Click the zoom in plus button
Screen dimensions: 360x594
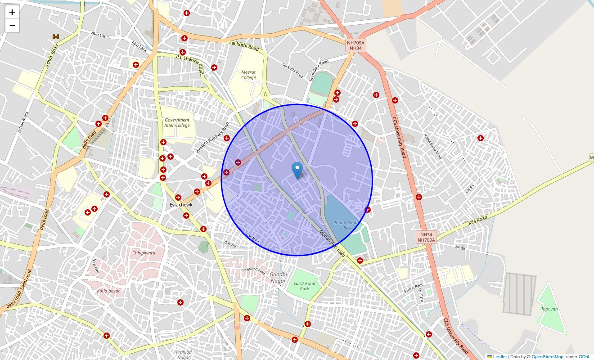click(12, 12)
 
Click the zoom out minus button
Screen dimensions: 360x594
click(12, 26)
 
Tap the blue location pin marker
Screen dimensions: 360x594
click(297, 170)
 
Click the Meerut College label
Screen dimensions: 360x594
click(248, 75)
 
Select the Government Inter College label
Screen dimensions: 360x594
click(177, 123)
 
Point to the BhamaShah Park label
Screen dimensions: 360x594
click(343, 225)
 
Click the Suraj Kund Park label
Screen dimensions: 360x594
click(305, 286)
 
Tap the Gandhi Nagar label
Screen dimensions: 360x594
click(278, 277)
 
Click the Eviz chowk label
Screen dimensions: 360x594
click(181, 205)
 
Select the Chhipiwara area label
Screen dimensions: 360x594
click(144, 253)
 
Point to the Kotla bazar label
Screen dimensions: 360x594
click(108, 291)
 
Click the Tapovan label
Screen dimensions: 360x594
click(549, 309)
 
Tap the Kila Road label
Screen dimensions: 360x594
click(477, 221)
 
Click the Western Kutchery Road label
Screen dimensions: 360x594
click(212, 137)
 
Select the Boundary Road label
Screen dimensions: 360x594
click(319, 71)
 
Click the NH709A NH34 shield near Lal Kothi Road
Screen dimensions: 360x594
click(355, 45)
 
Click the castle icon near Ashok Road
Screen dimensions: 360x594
click(56, 36)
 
